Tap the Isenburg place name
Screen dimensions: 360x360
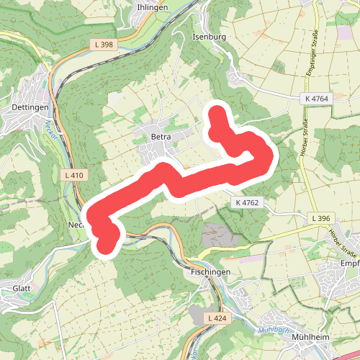(x=210, y=35)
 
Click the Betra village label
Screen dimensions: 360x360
(x=160, y=135)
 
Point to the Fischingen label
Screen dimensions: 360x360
(x=210, y=272)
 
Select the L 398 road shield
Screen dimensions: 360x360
(x=104, y=45)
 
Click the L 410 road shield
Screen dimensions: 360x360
(x=74, y=175)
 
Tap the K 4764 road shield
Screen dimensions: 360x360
(x=317, y=98)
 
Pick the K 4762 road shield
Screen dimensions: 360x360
(x=246, y=204)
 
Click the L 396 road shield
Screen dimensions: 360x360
(x=322, y=218)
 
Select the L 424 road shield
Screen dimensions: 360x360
(x=215, y=318)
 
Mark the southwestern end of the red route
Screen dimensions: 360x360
(x=107, y=245)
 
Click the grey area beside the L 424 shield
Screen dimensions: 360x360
(x=197, y=315)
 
